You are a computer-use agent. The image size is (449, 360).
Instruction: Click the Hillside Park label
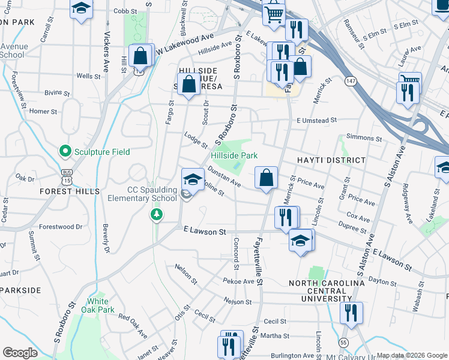point(234,155)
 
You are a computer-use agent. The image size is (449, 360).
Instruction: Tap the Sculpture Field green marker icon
point(65,152)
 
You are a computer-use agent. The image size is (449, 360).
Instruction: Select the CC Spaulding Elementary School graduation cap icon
point(193,178)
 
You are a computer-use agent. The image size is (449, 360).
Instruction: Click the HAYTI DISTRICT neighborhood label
point(331,160)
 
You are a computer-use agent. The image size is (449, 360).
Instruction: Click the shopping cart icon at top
point(274,14)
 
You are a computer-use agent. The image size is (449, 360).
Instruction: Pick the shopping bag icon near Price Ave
point(266,178)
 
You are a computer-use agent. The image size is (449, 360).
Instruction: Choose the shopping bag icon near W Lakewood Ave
point(140,56)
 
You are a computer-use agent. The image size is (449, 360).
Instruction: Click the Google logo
point(20,352)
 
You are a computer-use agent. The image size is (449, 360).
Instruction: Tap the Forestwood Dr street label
point(61,227)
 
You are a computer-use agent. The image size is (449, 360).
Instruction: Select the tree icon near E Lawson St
point(157,214)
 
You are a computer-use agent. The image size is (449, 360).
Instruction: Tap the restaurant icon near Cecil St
point(350,313)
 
